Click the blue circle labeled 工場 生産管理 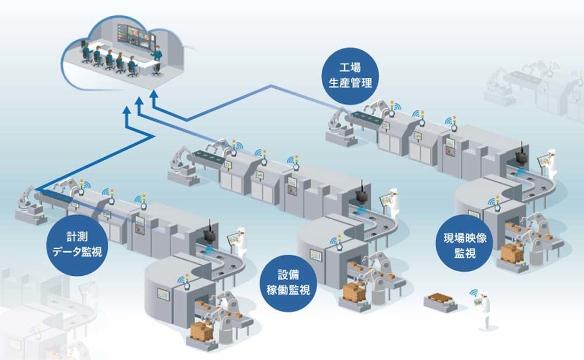point(350,75)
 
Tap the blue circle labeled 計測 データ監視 point(77,244)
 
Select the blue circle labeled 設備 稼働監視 point(288,283)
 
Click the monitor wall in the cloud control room point(136,35)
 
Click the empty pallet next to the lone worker point(440,301)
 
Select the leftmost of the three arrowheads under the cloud point(127,110)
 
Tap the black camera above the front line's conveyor point(209,233)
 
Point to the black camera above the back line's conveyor point(522,154)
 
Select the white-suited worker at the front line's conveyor point(241,242)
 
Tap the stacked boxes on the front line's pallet point(201,331)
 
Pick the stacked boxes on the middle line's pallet point(354,292)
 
